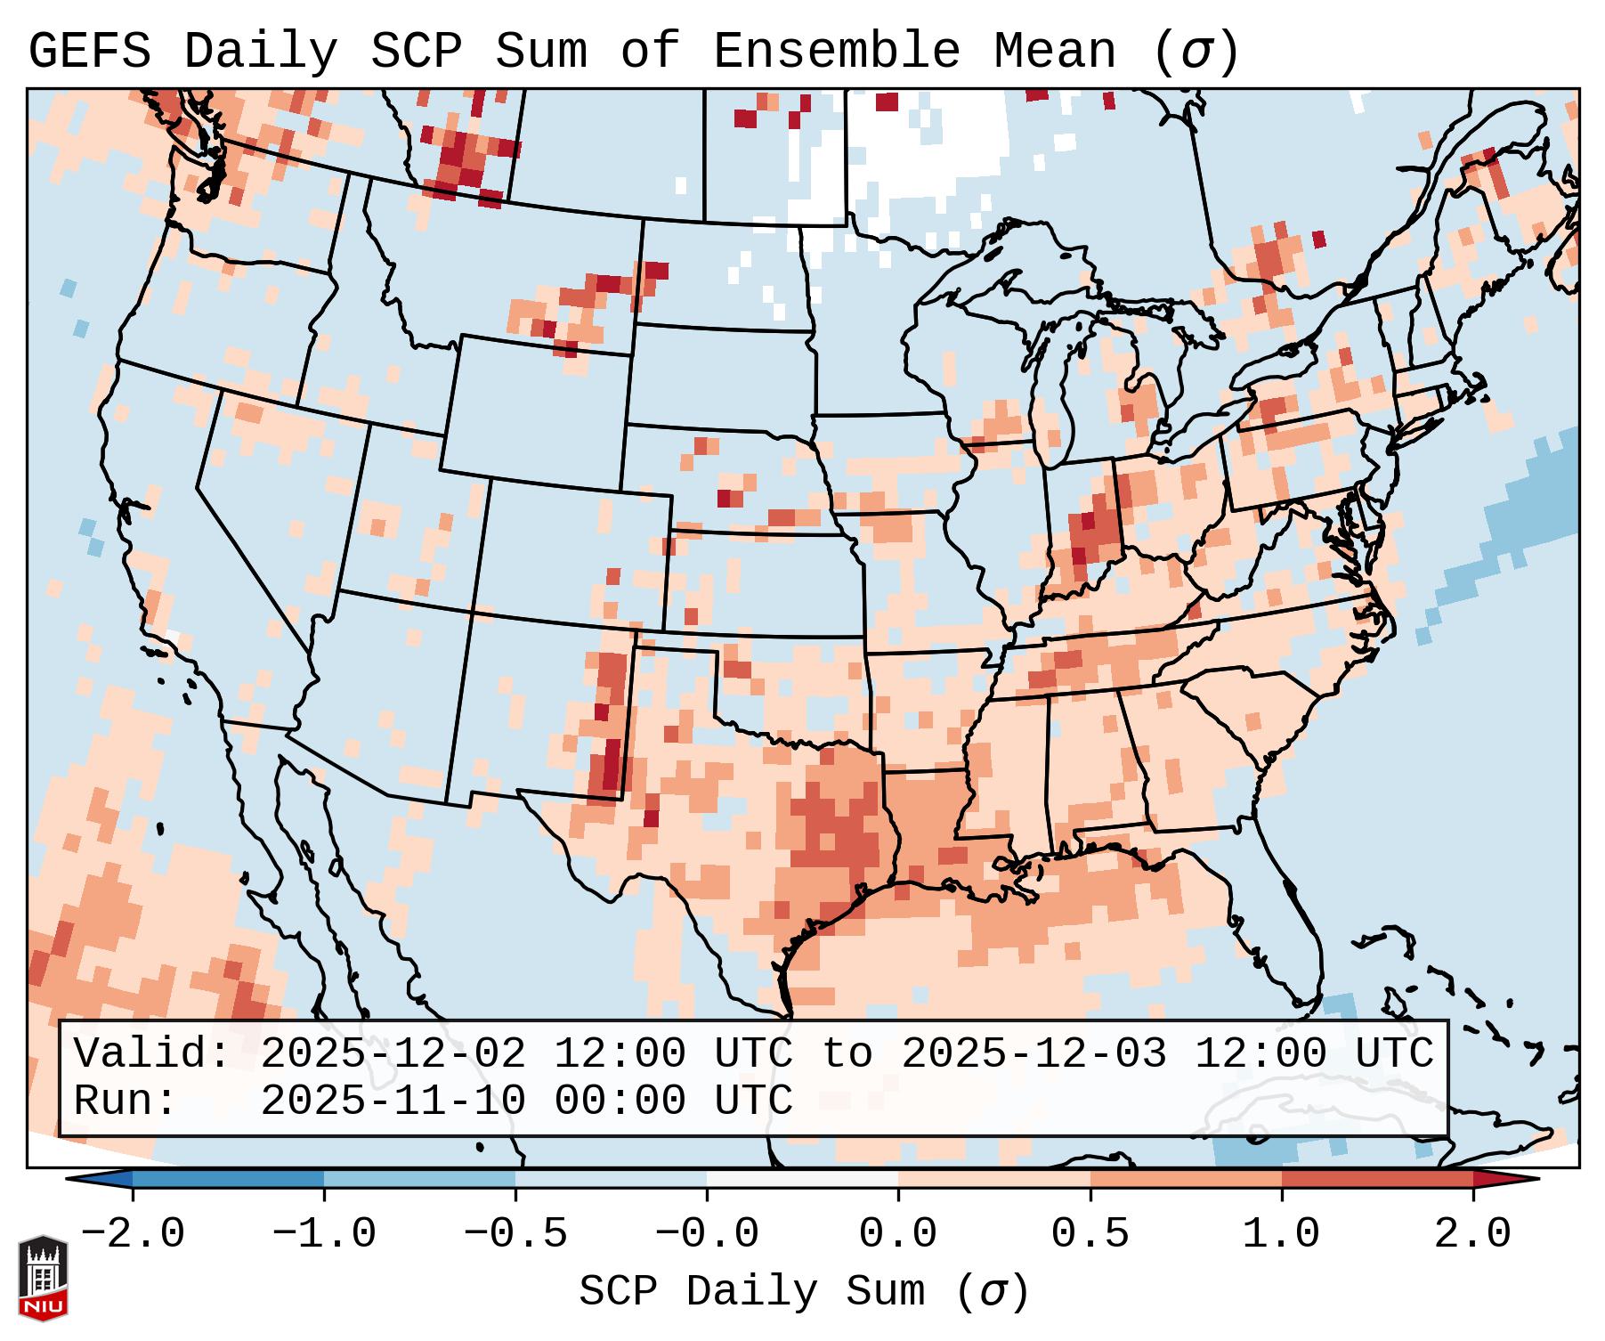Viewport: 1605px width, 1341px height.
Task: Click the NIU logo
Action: [43, 1278]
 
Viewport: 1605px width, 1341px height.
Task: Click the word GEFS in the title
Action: [89, 52]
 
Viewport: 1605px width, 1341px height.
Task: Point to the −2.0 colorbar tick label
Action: [133, 1234]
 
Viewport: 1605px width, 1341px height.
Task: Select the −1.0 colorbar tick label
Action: [324, 1234]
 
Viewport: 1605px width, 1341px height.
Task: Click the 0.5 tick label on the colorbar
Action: [1090, 1234]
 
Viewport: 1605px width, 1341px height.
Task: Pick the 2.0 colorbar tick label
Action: [1473, 1234]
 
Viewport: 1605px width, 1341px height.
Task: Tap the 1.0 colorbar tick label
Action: [1282, 1234]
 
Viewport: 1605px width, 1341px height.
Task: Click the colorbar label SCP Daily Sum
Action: [766, 1292]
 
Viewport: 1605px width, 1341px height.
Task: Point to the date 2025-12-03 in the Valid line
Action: [1034, 1054]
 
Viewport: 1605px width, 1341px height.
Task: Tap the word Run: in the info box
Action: [126, 1101]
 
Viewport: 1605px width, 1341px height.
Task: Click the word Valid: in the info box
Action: [152, 1054]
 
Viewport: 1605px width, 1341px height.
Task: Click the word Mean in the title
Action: [1054, 52]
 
